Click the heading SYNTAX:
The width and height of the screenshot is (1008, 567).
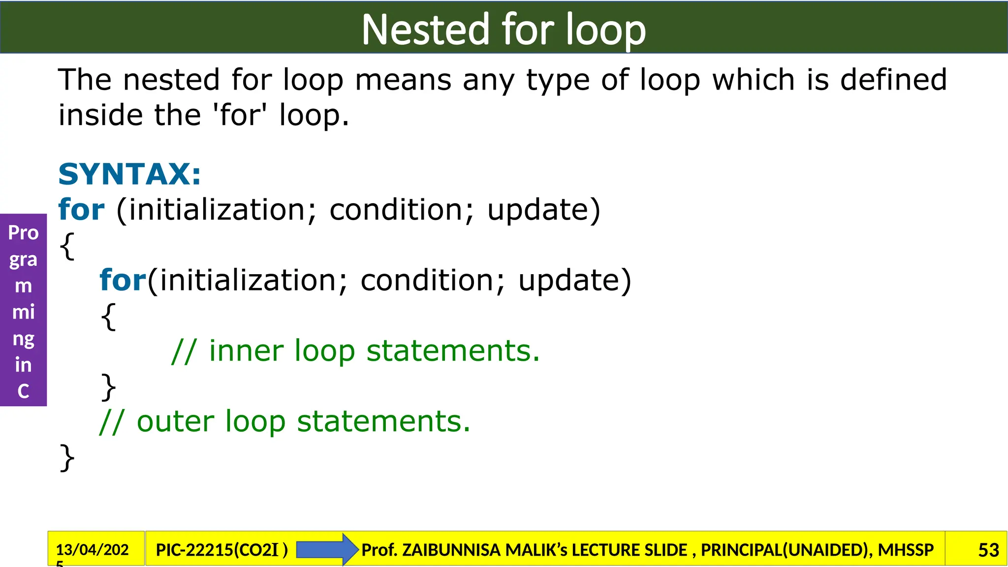pyautogui.click(x=129, y=174)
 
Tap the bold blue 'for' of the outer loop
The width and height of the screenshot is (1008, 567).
pyautogui.click(x=81, y=210)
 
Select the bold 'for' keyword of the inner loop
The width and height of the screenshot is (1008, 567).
pyautogui.click(x=123, y=280)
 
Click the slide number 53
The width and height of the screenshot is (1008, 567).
pyautogui.click(x=988, y=550)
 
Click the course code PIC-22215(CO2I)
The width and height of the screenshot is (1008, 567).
pyautogui.click(x=221, y=550)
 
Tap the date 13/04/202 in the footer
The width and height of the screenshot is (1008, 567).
pyautogui.click(x=92, y=549)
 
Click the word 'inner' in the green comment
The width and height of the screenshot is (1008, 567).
pyautogui.click(x=246, y=351)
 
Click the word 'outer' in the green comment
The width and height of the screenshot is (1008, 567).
pyautogui.click(x=175, y=422)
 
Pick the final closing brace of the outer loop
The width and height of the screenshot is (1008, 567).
pyautogui.click(x=67, y=457)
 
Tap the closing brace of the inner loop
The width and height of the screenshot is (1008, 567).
pyautogui.click(x=108, y=387)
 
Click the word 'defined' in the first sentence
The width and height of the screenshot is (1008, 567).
pyautogui.click(x=893, y=80)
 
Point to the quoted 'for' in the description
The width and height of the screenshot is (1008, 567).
pyautogui.click(x=241, y=115)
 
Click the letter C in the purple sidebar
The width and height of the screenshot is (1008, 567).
pyautogui.click(x=23, y=391)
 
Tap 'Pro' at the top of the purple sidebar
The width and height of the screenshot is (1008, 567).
pyautogui.click(x=23, y=233)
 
